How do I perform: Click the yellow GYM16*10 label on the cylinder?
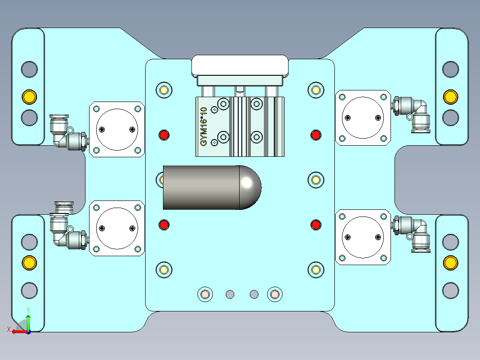pos(204,127)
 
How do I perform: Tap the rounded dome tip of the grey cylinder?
pos(250,188)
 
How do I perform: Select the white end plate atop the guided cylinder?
pos(240,65)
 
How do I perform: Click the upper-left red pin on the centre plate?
pos(164,135)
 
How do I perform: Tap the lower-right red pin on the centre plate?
pos(316,225)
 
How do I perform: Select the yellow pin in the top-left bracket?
pos(29,96)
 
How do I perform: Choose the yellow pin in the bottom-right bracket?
pos(450,263)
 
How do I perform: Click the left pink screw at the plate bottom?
pos(204,294)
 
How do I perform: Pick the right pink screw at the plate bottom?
pos(274,294)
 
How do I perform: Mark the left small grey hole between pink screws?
pos(230,294)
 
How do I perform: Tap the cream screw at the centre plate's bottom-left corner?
pos(163,270)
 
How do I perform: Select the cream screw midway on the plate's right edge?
pos(316,180)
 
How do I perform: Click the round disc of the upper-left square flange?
pos(117,129)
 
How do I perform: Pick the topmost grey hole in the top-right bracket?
pos(450,69)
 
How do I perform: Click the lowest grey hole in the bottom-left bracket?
pos(29,290)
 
